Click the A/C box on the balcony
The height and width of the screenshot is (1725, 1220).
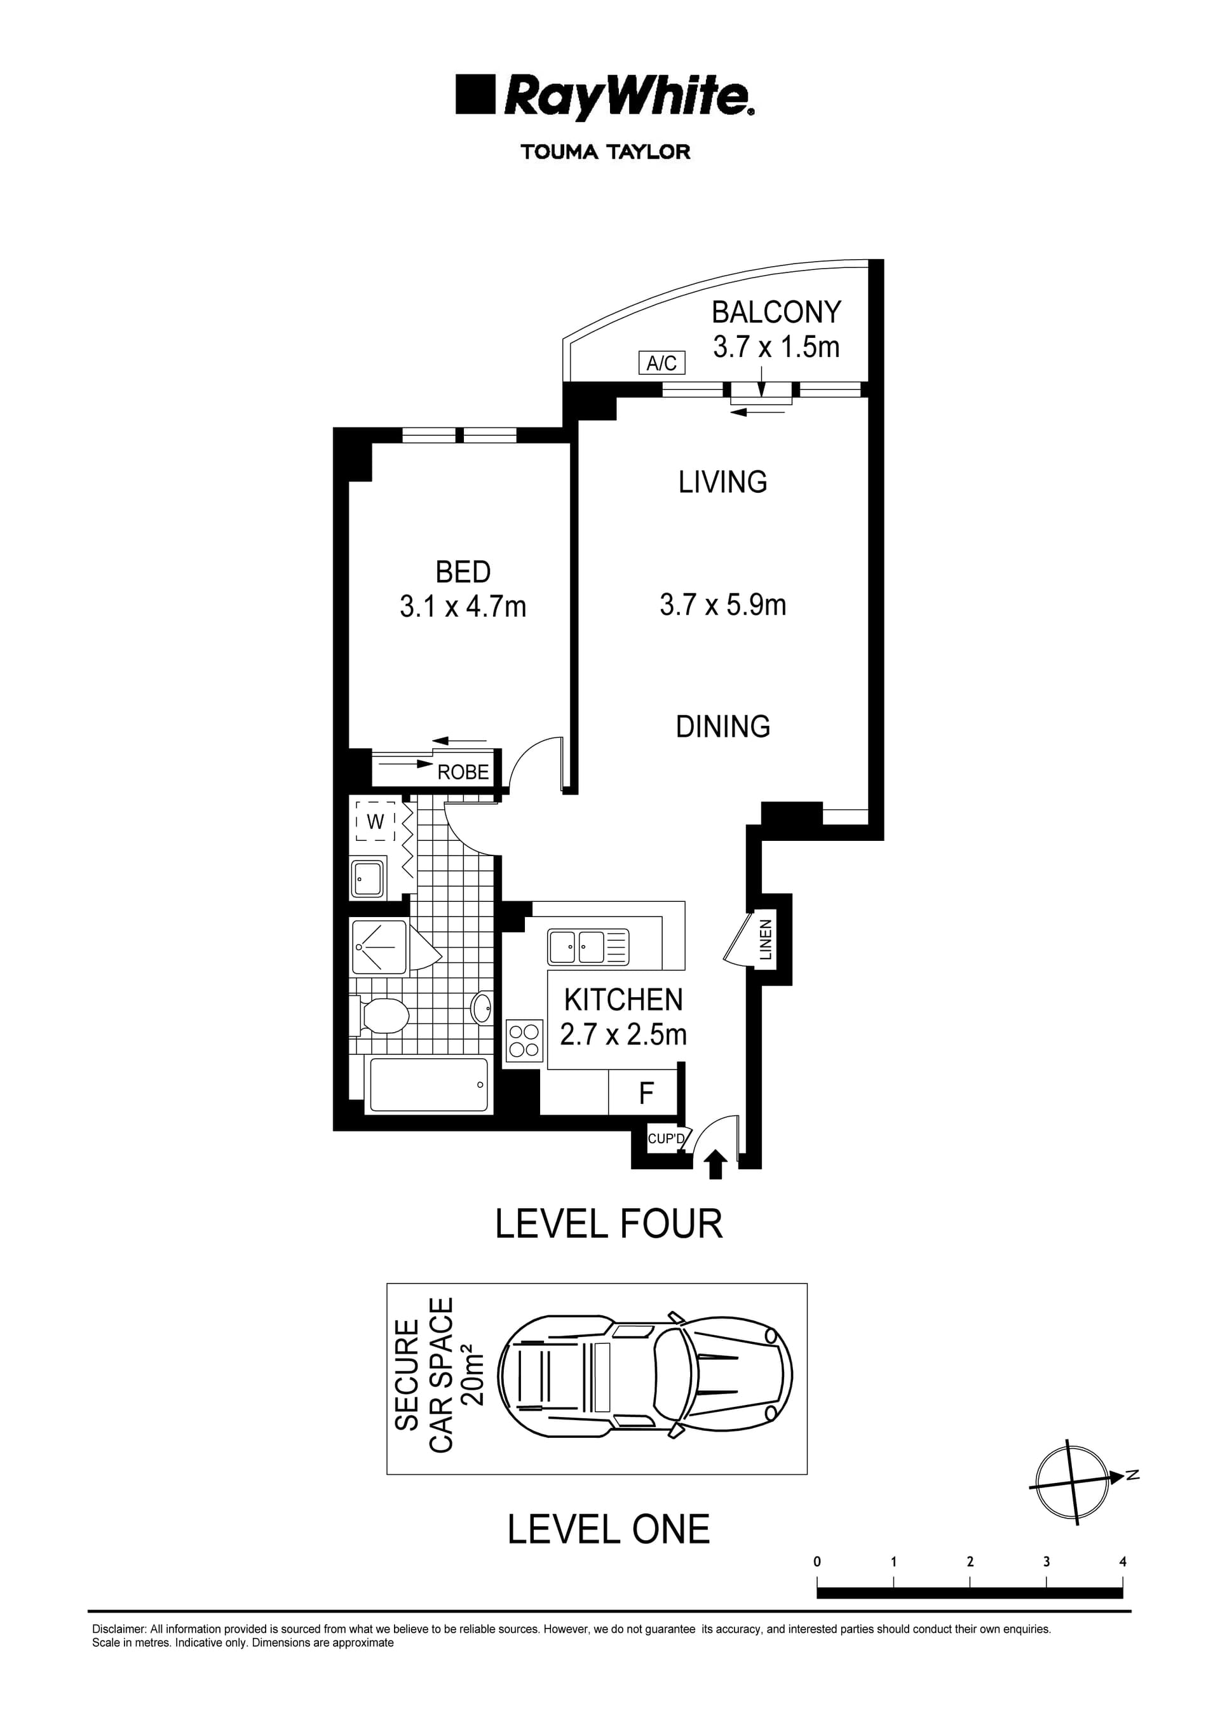click(661, 364)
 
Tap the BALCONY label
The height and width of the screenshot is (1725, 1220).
click(776, 312)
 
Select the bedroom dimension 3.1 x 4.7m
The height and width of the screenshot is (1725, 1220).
click(463, 607)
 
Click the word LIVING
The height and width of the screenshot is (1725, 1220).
click(722, 482)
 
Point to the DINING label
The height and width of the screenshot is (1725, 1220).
click(722, 727)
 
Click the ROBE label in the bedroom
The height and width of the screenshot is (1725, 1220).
click(463, 772)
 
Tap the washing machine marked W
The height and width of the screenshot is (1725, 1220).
click(375, 822)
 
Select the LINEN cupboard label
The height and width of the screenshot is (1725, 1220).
click(765, 940)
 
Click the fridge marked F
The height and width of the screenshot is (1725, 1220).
click(646, 1094)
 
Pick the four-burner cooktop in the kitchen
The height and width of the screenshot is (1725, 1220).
click(525, 1040)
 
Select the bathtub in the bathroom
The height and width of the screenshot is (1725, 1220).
click(428, 1085)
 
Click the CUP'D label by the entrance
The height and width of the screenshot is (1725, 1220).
click(666, 1139)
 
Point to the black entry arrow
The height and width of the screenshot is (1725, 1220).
click(715, 1165)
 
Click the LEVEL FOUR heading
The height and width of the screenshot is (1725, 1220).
click(609, 1224)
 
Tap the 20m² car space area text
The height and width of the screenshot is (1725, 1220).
click(473, 1376)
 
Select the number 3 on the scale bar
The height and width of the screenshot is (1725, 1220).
click(1047, 1561)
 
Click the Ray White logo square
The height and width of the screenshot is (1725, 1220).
click(475, 95)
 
